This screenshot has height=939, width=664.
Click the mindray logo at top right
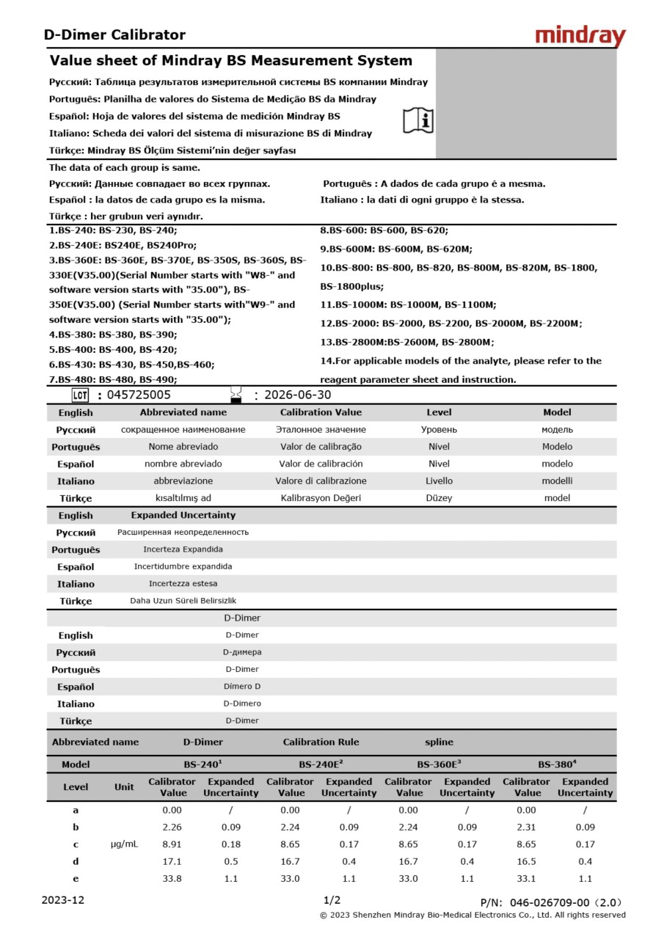pyautogui.click(x=580, y=36)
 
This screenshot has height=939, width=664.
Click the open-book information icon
pyautogui.click(x=418, y=120)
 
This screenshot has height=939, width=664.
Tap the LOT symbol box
pyautogui.click(x=80, y=395)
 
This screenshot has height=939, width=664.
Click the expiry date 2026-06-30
pyautogui.click(x=297, y=395)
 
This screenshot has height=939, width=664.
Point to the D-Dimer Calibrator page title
pyautogui.click(x=114, y=34)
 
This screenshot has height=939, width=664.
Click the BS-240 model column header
pyautogui.click(x=203, y=764)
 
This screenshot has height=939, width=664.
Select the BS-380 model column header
pyautogui.click(x=556, y=764)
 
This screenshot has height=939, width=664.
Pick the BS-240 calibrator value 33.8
pyautogui.click(x=172, y=878)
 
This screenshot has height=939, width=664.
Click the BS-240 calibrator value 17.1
pyautogui.click(x=172, y=861)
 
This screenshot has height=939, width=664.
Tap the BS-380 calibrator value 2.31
pyautogui.click(x=527, y=827)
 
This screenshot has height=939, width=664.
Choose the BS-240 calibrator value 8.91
pyautogui.click(x=172, y=844)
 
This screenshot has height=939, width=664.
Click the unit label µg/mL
pyautogui.click(x=124, y=844)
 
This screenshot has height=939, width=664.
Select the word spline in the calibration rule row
pyautogui.click(x=439, y=742)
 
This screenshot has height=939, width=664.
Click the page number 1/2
pyautogui.click(x=332, y=900)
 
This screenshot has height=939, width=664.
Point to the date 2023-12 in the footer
pyautogui.click(x=63, y=900)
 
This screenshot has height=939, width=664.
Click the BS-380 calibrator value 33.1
pyautogui.click(x=527, y=878)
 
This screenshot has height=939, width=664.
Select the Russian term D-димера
pyautogui.click(x=241, y=652)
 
